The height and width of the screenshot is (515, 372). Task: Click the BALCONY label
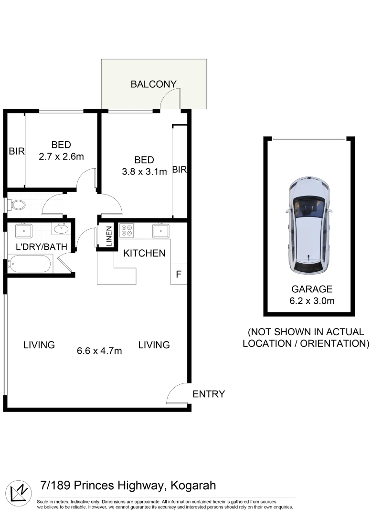tap(153, 84)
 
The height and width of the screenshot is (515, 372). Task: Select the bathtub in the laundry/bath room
tap(30, 263)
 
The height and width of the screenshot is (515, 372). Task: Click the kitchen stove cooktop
tap(127, 231)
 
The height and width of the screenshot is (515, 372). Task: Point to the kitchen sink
tap(160, 231)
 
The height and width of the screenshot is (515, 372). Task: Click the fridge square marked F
tap(179, 274)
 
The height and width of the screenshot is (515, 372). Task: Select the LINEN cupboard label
tap(109, 236)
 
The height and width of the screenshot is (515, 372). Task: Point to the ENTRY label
tap(208, 394)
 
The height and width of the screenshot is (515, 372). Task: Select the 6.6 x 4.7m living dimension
tap(99, 351)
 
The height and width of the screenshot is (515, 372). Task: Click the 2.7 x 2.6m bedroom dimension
tap(61, 155)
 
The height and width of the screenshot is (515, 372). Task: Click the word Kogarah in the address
tap(191, 486)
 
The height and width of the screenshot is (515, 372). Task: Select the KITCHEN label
tap(144, 253)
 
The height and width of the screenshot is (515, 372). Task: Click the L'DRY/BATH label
tap(39, 247)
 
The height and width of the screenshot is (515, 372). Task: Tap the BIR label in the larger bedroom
tap(179, 169)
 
